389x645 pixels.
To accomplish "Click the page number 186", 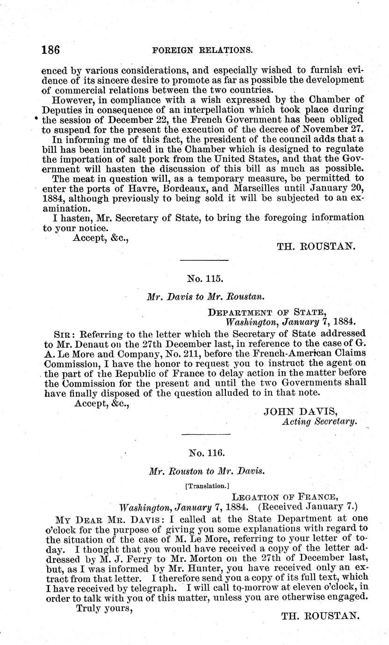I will (x=51, y=50).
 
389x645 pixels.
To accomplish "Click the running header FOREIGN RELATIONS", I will (x=207, y=50).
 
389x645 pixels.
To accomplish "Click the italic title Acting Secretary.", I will (x=320, y=422).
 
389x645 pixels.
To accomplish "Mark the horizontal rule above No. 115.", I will (x=204, y=260).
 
